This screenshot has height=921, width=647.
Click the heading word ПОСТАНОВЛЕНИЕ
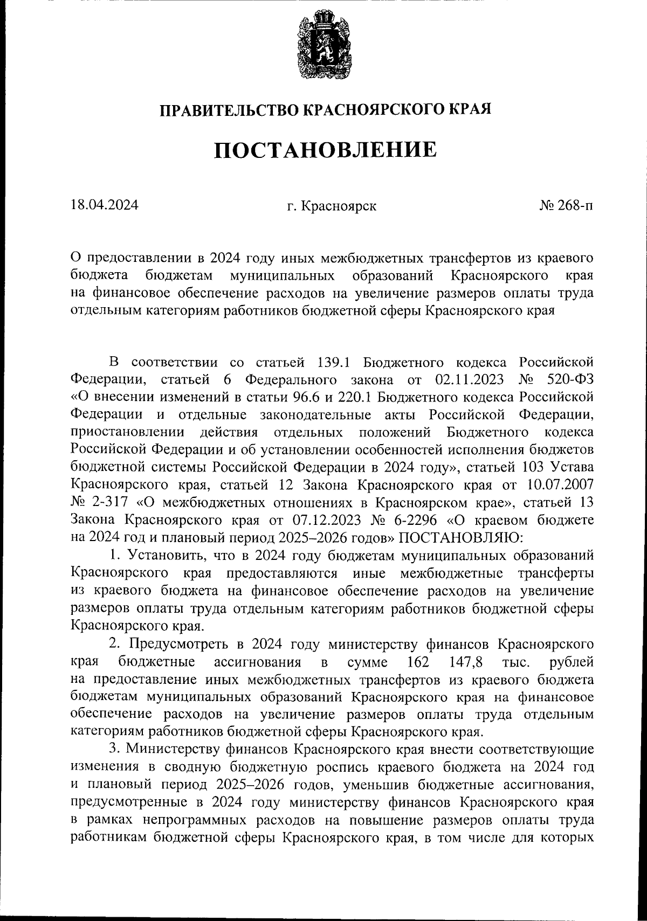click(325, 150)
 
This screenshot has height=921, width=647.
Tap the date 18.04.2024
click(104, 205)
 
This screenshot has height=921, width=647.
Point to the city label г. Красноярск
click(332, 206)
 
